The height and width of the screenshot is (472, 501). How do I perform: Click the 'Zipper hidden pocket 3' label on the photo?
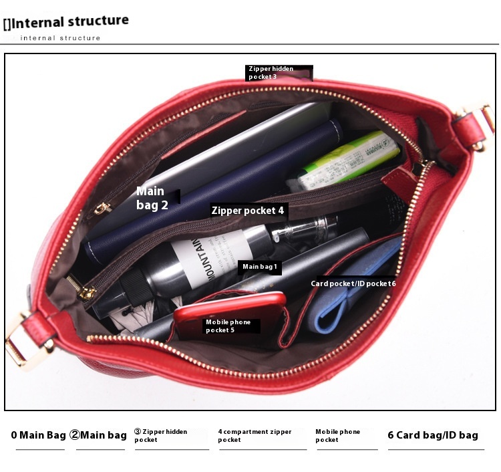(271, 73)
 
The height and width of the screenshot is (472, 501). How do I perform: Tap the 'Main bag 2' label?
(152, 198)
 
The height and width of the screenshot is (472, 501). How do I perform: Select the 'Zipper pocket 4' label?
(248, 211)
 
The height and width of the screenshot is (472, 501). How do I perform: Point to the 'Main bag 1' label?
(259, 267)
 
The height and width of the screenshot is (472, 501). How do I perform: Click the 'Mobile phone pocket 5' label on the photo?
(228, 326)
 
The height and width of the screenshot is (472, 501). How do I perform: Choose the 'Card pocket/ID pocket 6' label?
(353, 283)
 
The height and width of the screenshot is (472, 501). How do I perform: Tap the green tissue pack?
(348, 160)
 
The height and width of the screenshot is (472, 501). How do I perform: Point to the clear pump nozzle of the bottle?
(303, 229)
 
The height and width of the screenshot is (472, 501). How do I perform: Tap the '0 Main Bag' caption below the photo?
(38, 435)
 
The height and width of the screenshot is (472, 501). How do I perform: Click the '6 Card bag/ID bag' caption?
(433, 435)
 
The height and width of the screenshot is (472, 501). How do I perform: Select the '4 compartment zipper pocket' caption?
(255, 435)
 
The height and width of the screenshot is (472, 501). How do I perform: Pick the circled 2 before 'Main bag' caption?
(74, 435)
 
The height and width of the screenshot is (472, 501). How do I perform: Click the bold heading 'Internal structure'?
(69, 22)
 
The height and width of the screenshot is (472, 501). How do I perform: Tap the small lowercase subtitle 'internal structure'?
(60, 38)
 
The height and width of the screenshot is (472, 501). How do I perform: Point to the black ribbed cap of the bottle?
(136, 285)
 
